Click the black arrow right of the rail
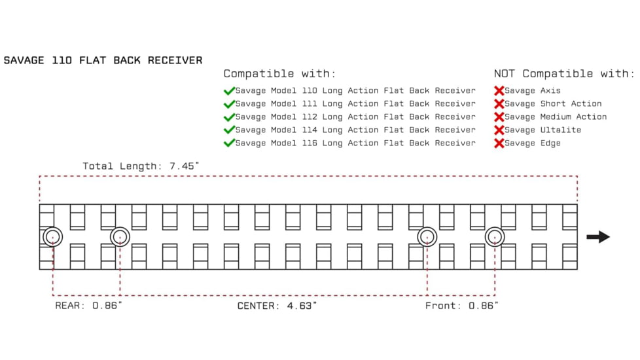pos(597,237)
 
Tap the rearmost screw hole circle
pos(52,236)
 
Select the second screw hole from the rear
pos(120,236)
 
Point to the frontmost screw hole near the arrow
pos(495,236)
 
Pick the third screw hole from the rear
pos(427,236)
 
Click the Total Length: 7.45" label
pos(141,166)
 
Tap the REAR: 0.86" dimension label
pos(88,306)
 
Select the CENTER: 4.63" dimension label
pos(277,306)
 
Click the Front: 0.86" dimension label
pos(461,306)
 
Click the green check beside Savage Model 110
pos(229,91)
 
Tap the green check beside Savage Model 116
pos(229,143)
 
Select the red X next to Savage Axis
pos(499,91)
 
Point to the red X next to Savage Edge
pos(499,143)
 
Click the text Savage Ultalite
pos(542,130)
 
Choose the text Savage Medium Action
pos(556,117)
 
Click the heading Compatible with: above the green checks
pos(279,74)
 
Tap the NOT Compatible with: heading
pos(564,74)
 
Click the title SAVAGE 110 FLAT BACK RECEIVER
pos(103,60)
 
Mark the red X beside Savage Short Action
pos(499,104)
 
